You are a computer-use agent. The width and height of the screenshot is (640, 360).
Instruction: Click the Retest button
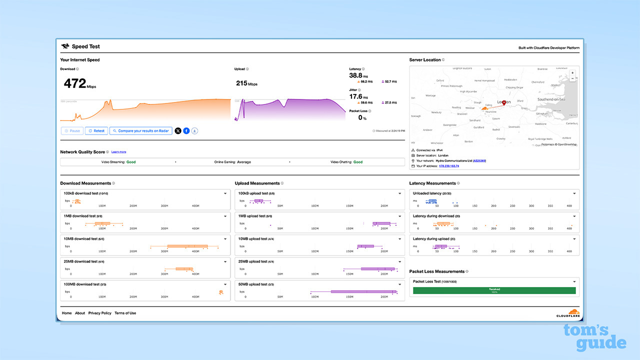pos(96,131)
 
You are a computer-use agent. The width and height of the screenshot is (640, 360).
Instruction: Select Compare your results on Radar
pos(140,131)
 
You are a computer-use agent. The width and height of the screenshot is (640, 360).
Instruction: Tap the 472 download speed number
pos(75,83)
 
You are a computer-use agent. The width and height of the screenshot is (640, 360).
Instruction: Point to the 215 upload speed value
pos(242,83)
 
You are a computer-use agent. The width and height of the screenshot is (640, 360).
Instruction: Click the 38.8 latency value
pos(356,75)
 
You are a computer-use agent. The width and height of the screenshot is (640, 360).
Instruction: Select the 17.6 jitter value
pos(355,96)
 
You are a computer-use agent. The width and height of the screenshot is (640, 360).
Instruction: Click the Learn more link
pos(118,152)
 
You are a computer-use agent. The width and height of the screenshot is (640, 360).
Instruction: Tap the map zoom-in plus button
pos(572,72)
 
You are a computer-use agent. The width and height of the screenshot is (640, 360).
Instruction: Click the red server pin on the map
pos(503,103)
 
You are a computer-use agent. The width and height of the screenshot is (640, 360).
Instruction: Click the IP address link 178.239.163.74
pos(448,166)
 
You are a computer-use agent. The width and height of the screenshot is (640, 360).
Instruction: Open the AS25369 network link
pos(479,160)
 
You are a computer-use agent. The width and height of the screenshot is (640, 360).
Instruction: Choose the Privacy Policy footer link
pos(99,313)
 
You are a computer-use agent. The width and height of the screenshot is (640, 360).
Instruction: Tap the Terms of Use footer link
pos(125,313)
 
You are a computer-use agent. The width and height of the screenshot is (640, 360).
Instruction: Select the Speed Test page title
pos(85,46)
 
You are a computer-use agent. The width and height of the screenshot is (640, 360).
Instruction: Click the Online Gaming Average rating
pos(232,162)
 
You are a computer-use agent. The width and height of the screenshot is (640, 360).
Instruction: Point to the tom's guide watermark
pos(594,337)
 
